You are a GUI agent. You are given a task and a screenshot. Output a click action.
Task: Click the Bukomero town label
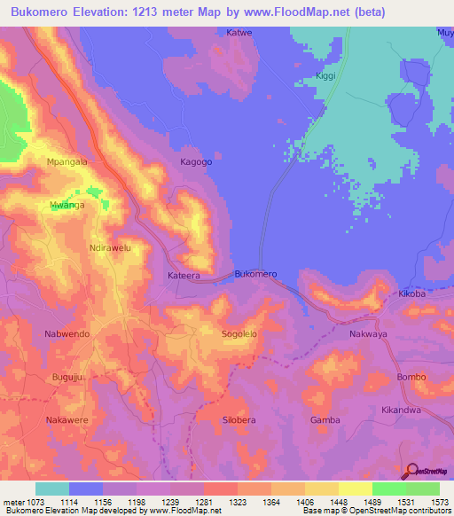pos(255,275)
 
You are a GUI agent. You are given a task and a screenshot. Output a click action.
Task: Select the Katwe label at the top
pos(239,33)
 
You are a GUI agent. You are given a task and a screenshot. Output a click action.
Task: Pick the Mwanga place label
pos(67,205)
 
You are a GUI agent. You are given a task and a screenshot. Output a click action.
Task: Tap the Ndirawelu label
pos(110,248)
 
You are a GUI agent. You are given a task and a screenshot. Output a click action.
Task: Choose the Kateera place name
pos(184,276)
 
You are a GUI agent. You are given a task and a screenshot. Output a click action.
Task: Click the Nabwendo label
pos(67,334)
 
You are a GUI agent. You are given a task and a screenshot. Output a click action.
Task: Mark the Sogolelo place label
pos(239,334)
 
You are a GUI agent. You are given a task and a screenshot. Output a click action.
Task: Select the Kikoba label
pos(412,293)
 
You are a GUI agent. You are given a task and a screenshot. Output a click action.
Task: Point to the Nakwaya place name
pos(369,334)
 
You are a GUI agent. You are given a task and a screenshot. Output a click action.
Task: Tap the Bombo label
pos(411,377)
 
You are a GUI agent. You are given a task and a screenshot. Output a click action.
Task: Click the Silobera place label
pos(239,419)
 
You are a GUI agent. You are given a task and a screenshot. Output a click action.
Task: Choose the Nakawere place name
pos(68,419)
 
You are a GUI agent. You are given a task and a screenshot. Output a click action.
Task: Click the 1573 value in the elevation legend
pos(435,502)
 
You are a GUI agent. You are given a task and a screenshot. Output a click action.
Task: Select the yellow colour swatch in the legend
pos(355,489)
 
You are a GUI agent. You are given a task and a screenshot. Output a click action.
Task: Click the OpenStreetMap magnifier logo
pos(410,471)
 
